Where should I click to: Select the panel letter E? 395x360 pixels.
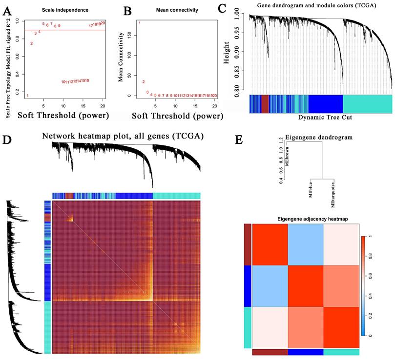click(x=239, y=141)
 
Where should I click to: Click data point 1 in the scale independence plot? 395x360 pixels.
click(x=27, y=96)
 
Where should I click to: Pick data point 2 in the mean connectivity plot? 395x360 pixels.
click(x=144, y=82)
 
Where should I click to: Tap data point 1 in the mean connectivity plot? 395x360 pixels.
click(x=140, y=23)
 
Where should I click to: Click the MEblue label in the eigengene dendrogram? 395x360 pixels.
click(x=310, y=191)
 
